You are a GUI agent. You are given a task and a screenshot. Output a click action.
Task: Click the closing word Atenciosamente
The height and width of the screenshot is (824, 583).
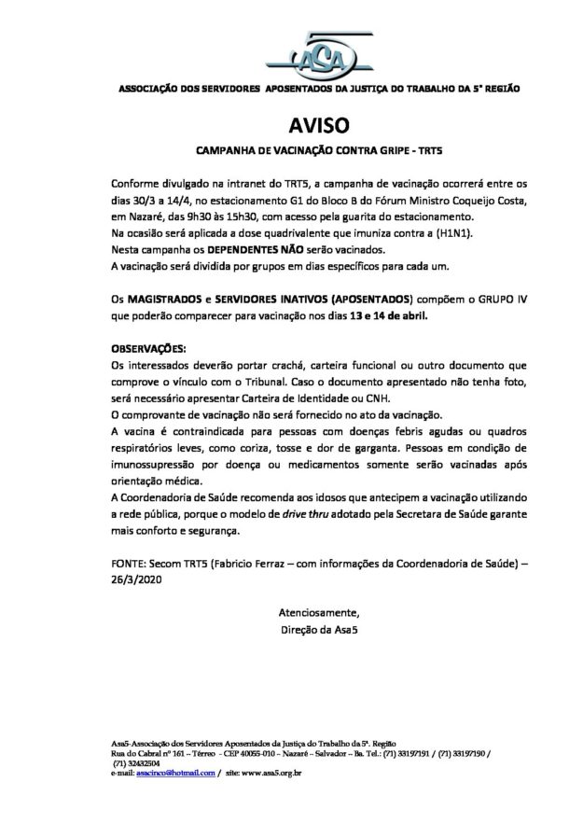click(318, 612)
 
